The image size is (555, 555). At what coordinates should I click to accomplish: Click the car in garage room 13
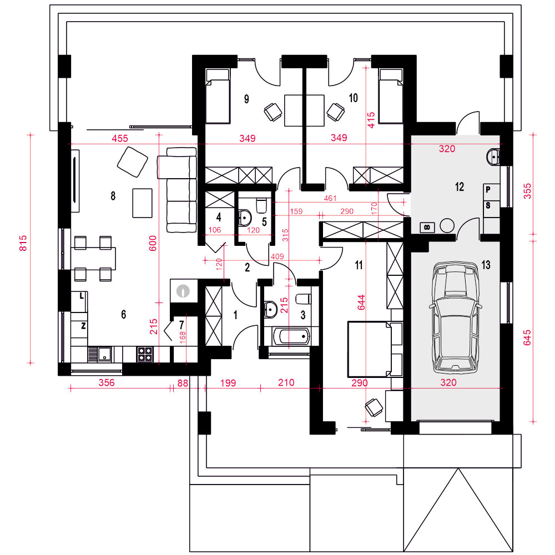pyautogui.click(x=456, y=317)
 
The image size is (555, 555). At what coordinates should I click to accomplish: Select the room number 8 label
pyautogui.click(x=113, y=196)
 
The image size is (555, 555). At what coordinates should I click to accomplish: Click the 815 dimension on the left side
pyautogui.click(x=23, y=243)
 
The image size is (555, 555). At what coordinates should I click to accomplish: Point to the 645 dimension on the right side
pyautogui.click(x=527, y=337)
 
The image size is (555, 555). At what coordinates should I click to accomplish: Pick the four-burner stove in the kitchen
pyautogui.click(x=145, y=354)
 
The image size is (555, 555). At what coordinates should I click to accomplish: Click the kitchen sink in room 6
pyautogui.click(x=100, y=354)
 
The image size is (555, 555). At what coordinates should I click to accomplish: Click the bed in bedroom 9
pyautogui.click(x=218, y=96)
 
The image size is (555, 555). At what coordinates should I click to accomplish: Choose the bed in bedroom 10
pyautogui.click(x=391, y=96)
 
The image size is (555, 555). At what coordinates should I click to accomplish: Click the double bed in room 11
pyautogui.click(x=375, y=349)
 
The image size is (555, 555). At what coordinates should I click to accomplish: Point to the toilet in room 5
pyautogui.click(x=261, y=206)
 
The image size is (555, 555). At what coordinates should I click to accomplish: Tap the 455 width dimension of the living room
pyautogui.click(x=120, y=138)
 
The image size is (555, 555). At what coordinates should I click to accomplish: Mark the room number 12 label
pyautogui.click(x=460, y=186)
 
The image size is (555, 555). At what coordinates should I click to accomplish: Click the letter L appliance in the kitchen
pyautogui.click(x=79, y=301)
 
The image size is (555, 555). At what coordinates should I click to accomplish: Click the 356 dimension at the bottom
pyautogui.click(x=107, y=382)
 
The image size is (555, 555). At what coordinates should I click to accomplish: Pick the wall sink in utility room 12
pyautogui.click(x=493, y=157)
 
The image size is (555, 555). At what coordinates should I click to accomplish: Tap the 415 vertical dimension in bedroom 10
pyautogui.click(x=371, y=120)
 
